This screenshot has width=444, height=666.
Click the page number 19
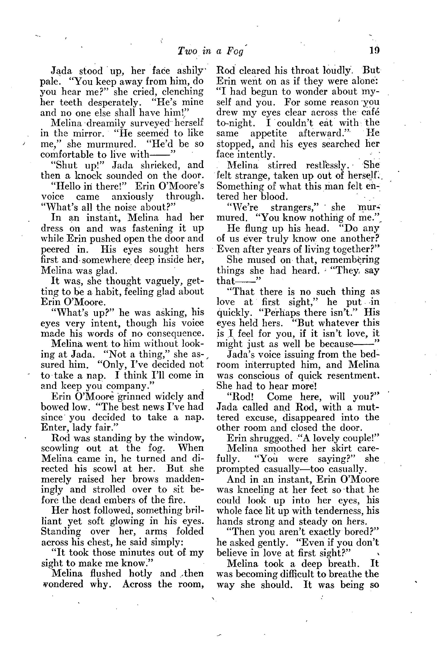[374, 50]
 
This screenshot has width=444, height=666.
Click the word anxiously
[133, 196]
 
